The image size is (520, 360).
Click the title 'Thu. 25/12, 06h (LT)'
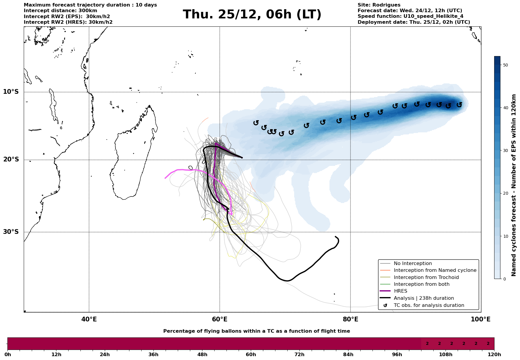[252, 15]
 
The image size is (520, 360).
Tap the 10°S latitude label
[11, 92]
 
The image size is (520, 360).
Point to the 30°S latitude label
[11, 232]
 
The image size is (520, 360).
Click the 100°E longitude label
[481, 319]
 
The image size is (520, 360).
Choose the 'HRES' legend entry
[400, 291]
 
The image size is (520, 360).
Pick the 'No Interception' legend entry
[413, 264]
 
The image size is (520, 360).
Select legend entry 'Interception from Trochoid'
[426, 277]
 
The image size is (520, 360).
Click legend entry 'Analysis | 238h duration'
[424, 298]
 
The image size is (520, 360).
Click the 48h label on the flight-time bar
[202, 355]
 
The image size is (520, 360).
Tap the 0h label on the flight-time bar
[8, 355]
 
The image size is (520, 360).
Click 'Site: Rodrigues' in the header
[379, 5]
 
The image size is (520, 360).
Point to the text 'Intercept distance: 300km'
[60, 11]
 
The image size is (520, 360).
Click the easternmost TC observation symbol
[459, 104]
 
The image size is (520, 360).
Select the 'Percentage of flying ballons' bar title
[256, 331]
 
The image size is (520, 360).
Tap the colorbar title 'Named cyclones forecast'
[514, 185]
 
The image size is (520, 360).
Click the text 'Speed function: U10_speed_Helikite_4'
[410, 16]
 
